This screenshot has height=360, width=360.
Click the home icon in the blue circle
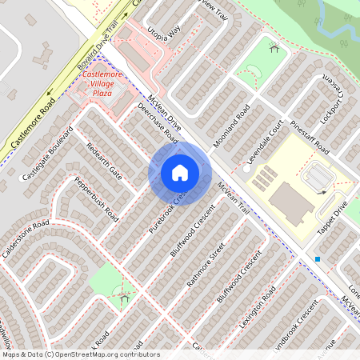click(x=180, y=173)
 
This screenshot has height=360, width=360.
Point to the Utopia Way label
click(x=164, y=33)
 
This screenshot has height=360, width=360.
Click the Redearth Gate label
click(x=103, y=162)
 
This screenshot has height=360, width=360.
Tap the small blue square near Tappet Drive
click(x=318, y=259)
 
